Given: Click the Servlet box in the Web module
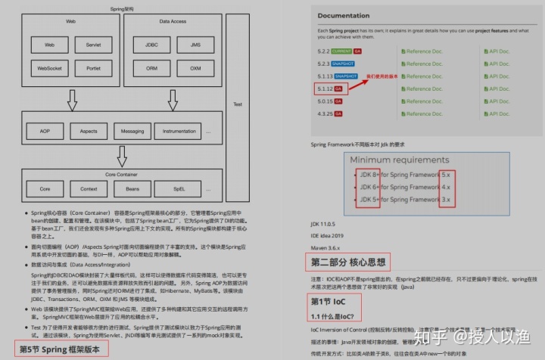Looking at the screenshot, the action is click(x=93, y=45).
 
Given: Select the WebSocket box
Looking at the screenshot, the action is click(x=50, y=68).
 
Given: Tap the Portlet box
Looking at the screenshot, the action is click(x=93, y=68).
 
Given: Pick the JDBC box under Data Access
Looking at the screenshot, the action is click(x=152, y=45).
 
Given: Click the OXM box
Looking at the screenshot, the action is click(x=195, y=68).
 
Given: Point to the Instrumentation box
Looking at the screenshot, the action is click(x=179, y=131).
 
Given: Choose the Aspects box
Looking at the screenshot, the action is click(x=88, y=131).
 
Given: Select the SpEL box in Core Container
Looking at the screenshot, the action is click(x=179, y=188).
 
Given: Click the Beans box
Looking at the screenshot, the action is click(x=132, y=188).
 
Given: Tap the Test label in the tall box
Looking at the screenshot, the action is click(x=237, y=104).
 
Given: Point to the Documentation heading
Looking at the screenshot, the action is click(x=343, y=15).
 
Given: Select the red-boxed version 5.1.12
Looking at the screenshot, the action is click(x=325, y=88).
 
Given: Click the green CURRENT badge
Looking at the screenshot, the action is click(x=342, y=51).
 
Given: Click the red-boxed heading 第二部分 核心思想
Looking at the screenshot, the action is click(x=350, y=262).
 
